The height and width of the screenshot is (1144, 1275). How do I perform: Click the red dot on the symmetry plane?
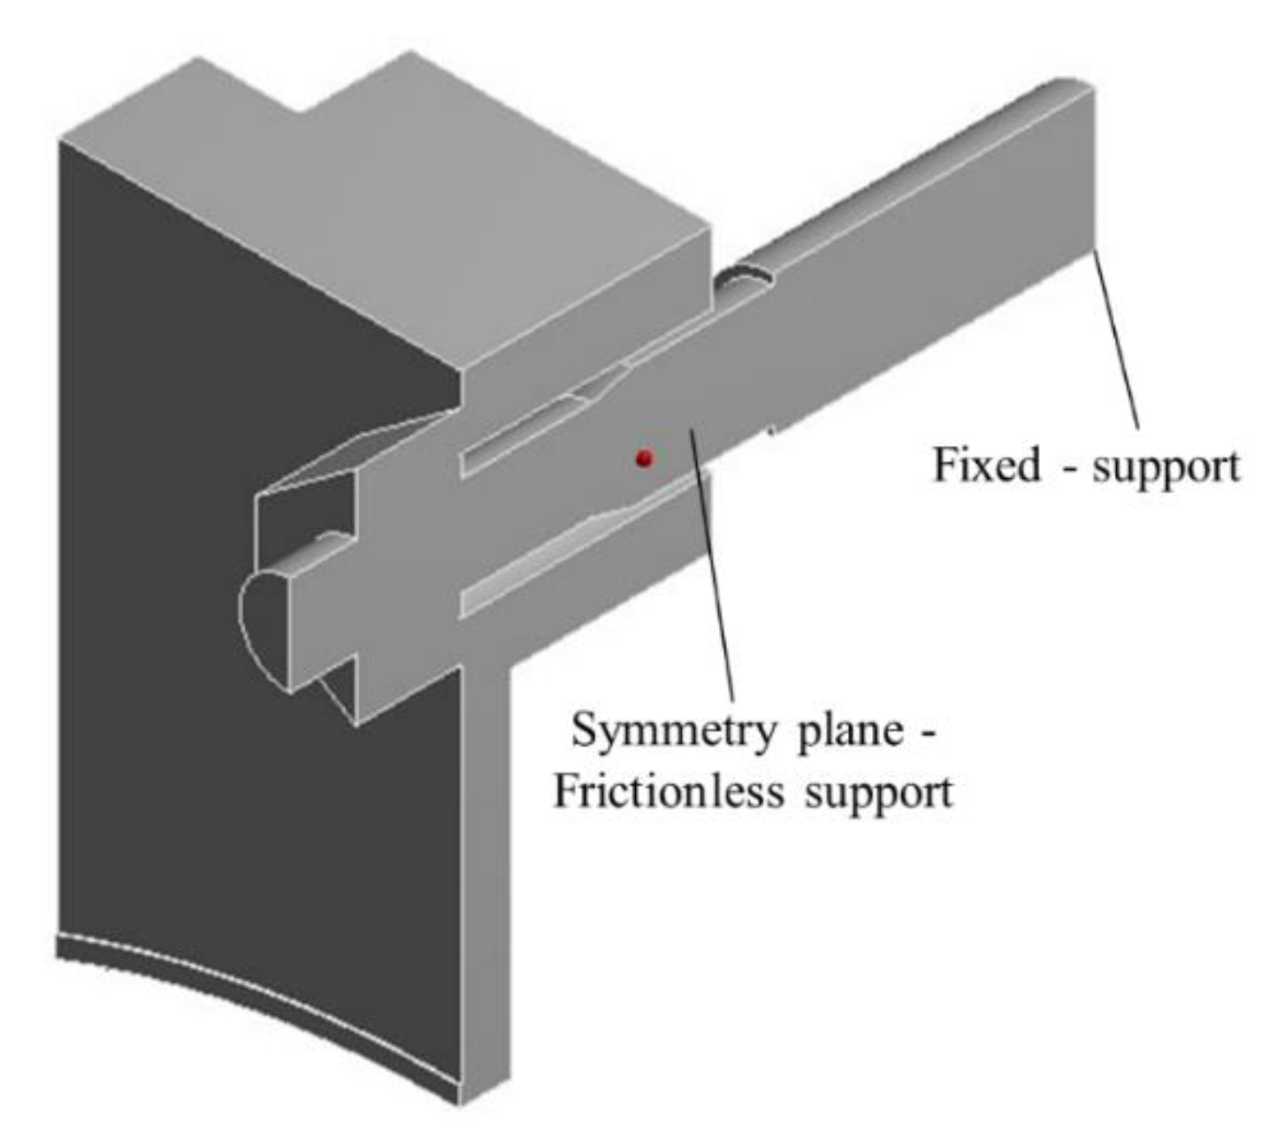coord(643,458)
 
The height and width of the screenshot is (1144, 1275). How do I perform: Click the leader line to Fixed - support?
coord(1116,339)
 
